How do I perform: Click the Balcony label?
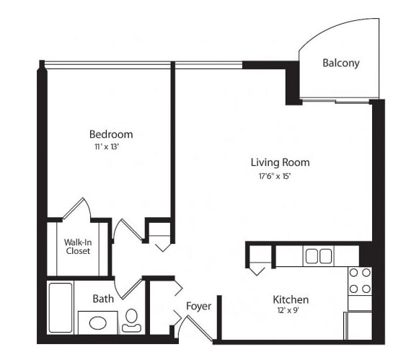[x=341, y=63]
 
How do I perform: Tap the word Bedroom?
[x=111, y=134]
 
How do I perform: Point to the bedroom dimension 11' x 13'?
[x=107, y=146]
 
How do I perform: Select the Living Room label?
[x=280, y=162]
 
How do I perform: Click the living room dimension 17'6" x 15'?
[x=275, y=176]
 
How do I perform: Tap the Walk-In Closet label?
[x=78, y=247]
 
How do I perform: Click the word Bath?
[x=103, y=299]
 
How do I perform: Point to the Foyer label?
[x=199, y=306]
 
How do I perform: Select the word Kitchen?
[x=291, y=299]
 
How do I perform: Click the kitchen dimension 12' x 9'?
[x=288, y=310]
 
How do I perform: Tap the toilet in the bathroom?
[x=131, y=320]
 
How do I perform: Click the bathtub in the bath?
[x=61, y=307]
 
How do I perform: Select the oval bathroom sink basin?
[x=98, y=322]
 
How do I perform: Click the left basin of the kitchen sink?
[x=312, y=256]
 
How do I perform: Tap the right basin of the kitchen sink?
[x=325, y=256]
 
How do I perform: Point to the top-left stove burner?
[x=353, y=273]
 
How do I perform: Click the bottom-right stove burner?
[x=366, y=289]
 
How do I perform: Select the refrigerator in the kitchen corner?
[x=358, y=326]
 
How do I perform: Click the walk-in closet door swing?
[x=77, y=208]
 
